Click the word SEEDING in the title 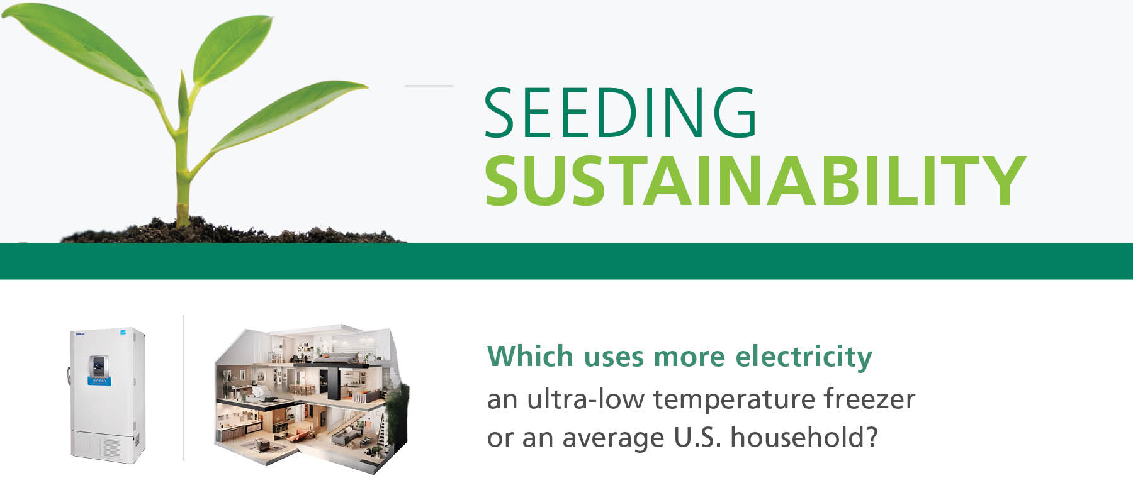tap(621, 113)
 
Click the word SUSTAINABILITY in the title tap(755, 181)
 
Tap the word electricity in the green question tap(804, 357)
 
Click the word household tap(804, 436)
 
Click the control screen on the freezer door tap(98, 366)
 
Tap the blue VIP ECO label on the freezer tap(99, 381)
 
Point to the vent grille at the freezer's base tap(111, 448)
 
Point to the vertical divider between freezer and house tap(183, 387)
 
